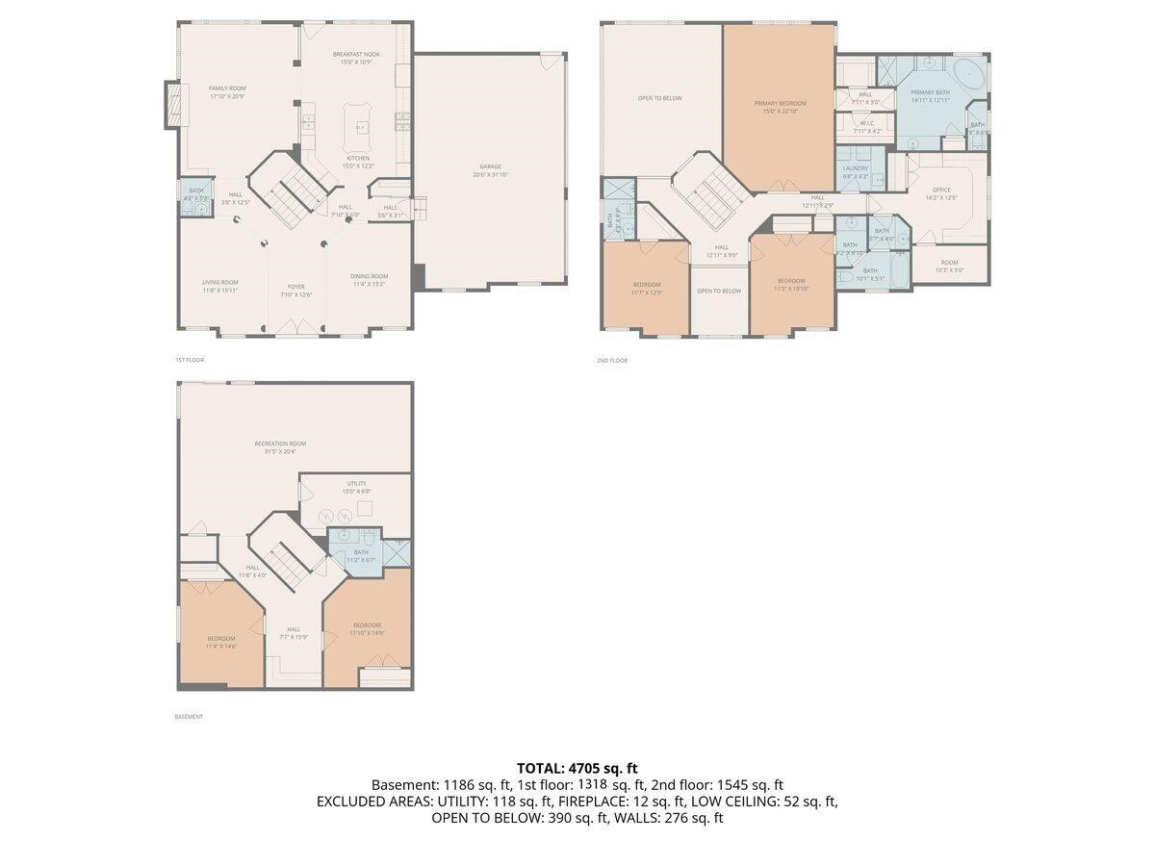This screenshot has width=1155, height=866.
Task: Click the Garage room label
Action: coord(491,170)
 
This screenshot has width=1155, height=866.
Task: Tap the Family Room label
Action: coord(227,91)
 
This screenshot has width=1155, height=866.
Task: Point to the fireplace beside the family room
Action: coord(173,104)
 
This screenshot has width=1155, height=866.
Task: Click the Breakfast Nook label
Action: coord(356,58)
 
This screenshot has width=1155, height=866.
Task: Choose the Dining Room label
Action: coord(370,280)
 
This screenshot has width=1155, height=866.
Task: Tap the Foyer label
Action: coord(296,290)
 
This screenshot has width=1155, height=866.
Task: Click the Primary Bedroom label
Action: coord(780,107)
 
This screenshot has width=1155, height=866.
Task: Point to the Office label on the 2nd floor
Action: coord(940,193)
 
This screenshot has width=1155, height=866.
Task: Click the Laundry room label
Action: coord(855,172)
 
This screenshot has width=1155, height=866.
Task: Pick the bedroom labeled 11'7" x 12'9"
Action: coord(647,288)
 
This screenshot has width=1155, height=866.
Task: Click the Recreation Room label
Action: coord(280,447)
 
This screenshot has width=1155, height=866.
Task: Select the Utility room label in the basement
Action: coord(356,488)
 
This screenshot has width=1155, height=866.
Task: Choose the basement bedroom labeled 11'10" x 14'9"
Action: coord(367,628)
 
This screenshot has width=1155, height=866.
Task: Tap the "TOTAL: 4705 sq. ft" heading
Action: coord(577,768)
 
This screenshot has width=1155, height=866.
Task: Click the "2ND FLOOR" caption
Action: coord(612,360)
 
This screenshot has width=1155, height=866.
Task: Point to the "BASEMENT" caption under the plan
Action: coord(189,717)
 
